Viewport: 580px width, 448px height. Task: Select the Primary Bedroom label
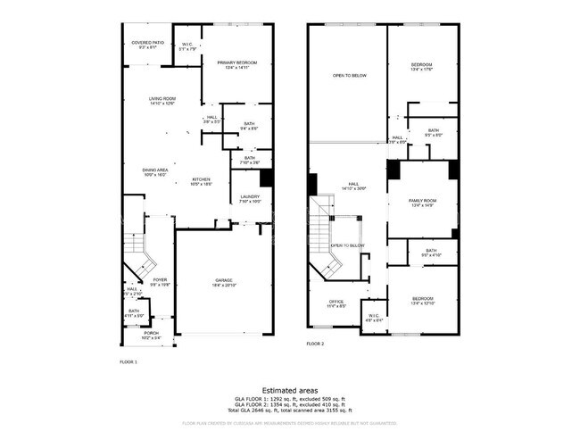(x=237, y=63)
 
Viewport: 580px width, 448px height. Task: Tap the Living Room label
(x=162, y=101)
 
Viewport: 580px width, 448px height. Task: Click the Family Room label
(x=421, y=203)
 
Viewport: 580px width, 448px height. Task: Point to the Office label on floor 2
(x=336, y=304)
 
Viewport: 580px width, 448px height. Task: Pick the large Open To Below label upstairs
(x=350, y=76)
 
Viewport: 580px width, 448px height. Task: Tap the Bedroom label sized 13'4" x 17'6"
(x=422, y=66)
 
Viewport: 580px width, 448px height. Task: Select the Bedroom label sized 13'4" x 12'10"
(x=422, y=300)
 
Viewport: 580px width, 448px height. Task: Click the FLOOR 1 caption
(x=128, y=361)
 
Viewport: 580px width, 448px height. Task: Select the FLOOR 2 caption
(x=315, y=344)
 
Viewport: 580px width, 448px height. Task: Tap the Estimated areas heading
(x=291, y=389)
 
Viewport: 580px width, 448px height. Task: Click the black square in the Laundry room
(x=265, y=177)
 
